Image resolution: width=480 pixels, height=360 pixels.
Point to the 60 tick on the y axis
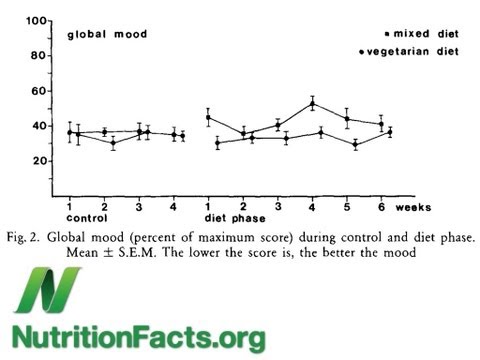coord(42,91)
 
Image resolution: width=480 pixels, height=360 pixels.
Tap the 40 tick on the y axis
coord(42,126)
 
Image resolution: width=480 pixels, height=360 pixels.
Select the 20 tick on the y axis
coord(42,161)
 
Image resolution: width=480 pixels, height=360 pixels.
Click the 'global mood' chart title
coord(107,34)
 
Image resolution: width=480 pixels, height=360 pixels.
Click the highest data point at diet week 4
coord(313,103)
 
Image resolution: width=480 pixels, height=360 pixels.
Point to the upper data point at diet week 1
coord(208,117)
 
